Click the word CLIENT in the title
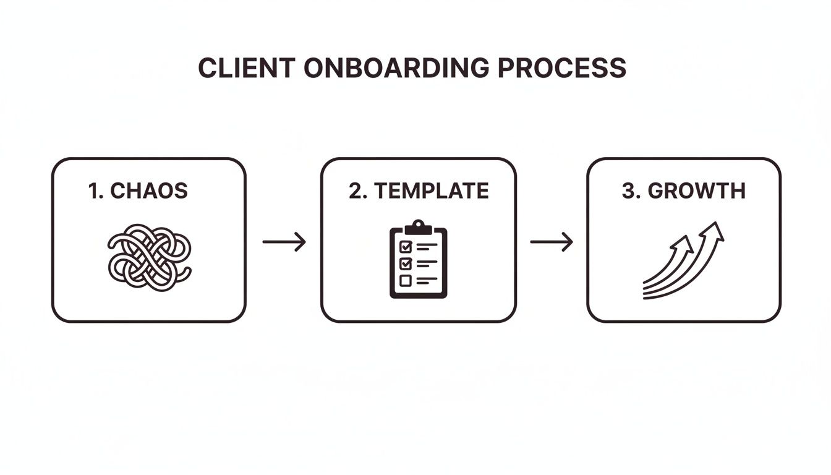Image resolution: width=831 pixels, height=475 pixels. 246,68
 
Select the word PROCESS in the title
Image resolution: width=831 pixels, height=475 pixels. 562,68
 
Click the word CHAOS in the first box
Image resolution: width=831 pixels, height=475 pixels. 148,191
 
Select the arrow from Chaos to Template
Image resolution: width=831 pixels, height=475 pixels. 284,242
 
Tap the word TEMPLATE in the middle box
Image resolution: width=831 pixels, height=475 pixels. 432,191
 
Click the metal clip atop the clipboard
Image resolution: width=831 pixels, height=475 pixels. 419,226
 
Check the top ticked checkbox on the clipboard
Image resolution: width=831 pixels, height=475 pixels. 406,247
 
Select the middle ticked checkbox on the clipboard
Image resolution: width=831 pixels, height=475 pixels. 406,263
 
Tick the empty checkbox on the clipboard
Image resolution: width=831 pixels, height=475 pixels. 406,280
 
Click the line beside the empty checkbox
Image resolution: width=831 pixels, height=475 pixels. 427,280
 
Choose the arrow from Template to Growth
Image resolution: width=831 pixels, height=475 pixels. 552,242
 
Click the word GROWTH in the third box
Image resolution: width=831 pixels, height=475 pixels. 696,191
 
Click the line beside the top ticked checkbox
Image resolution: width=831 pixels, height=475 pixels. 427,246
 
